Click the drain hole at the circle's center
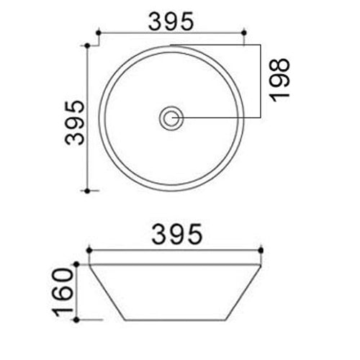coord(171,117)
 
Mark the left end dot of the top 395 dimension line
coord(97,32)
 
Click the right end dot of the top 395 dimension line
coord(246,32)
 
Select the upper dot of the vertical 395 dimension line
coord(87,45)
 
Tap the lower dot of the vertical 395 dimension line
coord(87,192)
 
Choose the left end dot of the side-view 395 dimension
coord(87,251)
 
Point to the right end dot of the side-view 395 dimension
coord(261,251)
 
